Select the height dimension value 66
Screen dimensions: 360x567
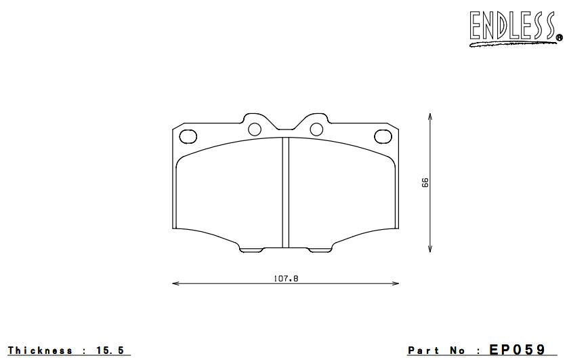pos(425,183)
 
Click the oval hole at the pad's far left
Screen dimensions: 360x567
pos(187,136)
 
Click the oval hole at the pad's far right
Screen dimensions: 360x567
pos(383,136)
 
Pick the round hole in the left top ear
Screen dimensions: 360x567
pos(255,129)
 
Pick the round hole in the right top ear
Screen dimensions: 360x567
pos(316,129)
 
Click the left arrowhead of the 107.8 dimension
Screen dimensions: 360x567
pos(174,283)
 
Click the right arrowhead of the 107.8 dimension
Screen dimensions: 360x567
pos(396,283)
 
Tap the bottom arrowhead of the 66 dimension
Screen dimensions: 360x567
pos(431,249)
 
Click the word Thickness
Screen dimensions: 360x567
pos(40,351)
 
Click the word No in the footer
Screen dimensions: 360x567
pos(459,351)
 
